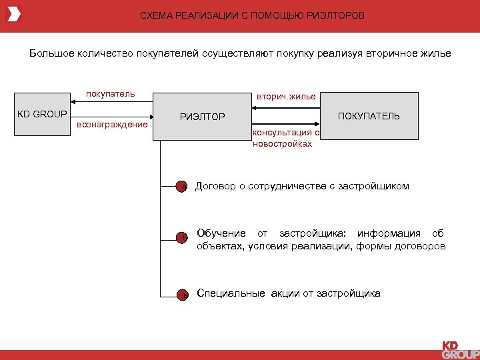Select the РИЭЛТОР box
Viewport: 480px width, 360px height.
pos(203,117)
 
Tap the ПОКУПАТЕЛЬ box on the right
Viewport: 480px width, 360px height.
pos(369,116)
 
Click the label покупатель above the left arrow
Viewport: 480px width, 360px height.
pos(111,94)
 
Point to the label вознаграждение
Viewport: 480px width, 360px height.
pos(113,125)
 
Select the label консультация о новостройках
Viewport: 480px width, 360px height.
pos(283,138)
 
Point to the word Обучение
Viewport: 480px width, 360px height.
pos(222,233)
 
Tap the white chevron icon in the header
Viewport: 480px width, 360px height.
pos(14,14)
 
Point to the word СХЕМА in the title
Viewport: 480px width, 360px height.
pos(155,15)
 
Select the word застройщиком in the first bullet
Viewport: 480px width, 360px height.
pos(375,187)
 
